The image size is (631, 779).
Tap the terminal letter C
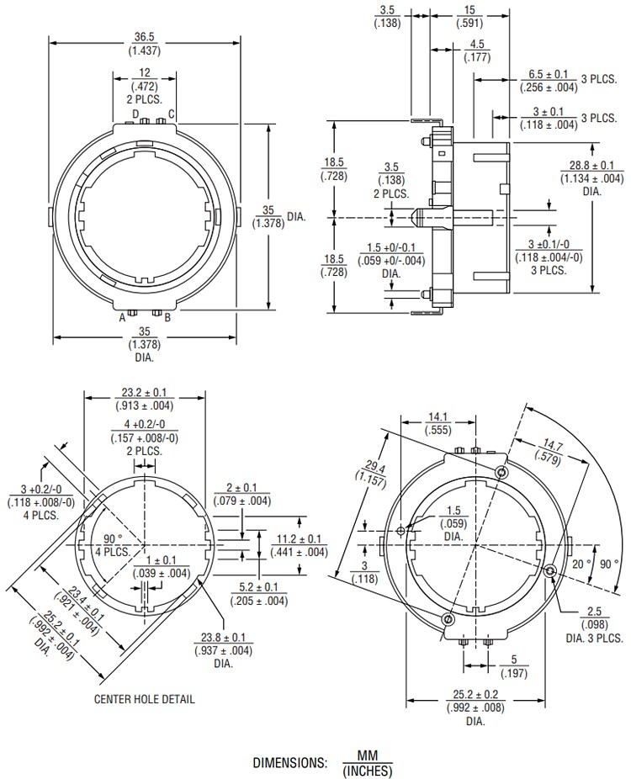tap(172, 114)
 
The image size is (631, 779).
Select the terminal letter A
tap(122, 317)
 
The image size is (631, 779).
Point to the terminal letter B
tap(168, 317)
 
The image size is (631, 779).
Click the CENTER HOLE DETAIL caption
tap(145, 698)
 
